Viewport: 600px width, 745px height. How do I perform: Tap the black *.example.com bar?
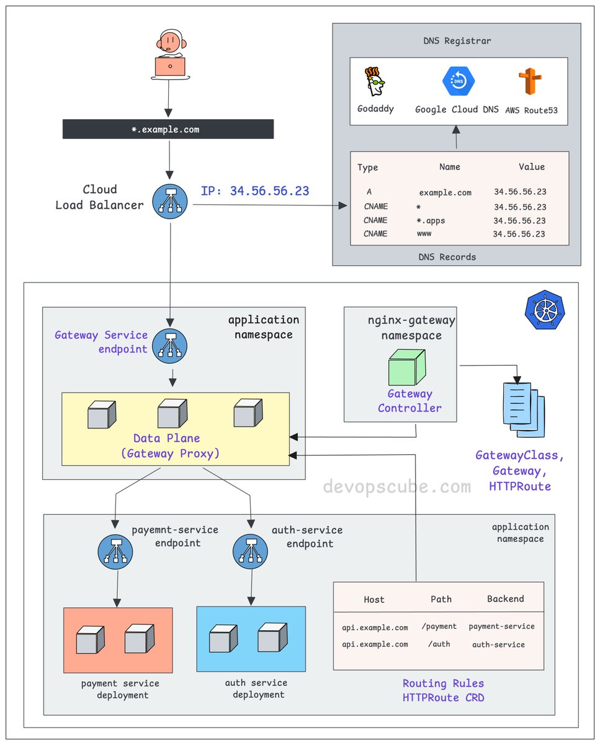[x=168, y=129]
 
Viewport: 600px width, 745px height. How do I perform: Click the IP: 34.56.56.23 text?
[x=254, y=191]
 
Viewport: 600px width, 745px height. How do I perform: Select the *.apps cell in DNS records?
[x=431, y=220]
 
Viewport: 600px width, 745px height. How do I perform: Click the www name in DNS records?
[x=424, y=234]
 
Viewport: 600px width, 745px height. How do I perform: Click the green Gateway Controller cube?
[x=406, y=368]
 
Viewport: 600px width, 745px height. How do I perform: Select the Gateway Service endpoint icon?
[x=172, y=343]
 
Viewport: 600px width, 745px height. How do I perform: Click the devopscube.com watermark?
[x=396, y=487]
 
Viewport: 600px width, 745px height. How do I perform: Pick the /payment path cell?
[x=439, y=626]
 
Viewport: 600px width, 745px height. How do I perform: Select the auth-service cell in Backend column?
[x=498, y=644]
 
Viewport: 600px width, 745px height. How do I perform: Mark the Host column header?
[x=374, y=600]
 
